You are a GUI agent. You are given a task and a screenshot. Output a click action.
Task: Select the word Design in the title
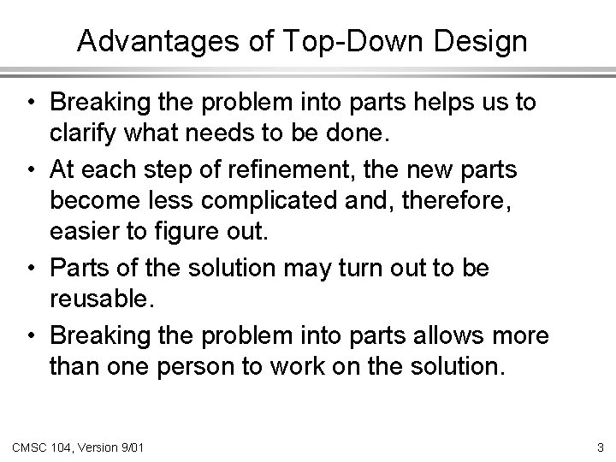pos(483,41)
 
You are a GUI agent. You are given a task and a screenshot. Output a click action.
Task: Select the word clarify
pos(83,134)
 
